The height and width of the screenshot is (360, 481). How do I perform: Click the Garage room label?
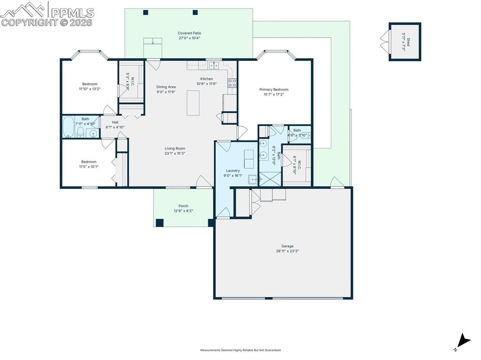click(287, 248)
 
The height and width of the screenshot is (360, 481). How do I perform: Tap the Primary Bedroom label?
click(274, 92)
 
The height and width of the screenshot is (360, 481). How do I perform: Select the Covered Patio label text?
click(189, 35)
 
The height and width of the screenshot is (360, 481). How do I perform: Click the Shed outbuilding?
click(404, 42)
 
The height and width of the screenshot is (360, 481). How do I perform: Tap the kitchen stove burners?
click(232, 83)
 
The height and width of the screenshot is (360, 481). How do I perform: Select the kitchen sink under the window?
click(215, 65)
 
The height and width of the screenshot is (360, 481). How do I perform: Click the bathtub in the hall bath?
click(68, 127)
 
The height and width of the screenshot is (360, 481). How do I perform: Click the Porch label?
click(183, 208)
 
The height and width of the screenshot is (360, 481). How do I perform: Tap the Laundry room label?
click(233, 173)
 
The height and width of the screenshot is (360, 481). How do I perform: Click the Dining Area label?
click(166, 89)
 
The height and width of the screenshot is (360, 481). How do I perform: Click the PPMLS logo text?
click(72, 13)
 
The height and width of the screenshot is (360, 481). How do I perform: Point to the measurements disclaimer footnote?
click(240, 350)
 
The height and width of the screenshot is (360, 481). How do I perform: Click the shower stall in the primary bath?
click(270, 179)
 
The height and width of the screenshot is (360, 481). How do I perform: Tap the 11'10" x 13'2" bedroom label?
click(90, 86)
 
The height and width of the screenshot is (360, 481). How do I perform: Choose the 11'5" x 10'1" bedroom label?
click(88, 164)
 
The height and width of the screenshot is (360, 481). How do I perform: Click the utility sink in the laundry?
click(253, 179)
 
